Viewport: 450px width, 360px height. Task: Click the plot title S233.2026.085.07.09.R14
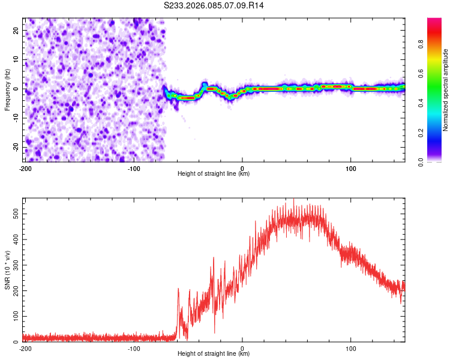point(214,5)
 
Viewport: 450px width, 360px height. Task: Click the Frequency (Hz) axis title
point(7,89)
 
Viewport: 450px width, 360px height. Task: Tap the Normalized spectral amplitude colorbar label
point(446,90)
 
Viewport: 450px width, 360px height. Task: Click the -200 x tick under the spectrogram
point(25,168)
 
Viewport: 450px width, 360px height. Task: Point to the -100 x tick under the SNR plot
point(133,348)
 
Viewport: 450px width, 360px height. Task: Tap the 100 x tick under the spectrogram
point(351,168)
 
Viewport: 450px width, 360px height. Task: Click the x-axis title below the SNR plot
point(214,354)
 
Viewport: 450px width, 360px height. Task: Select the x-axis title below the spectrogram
point(214,174)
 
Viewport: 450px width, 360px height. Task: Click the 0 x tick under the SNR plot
point(242,348)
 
